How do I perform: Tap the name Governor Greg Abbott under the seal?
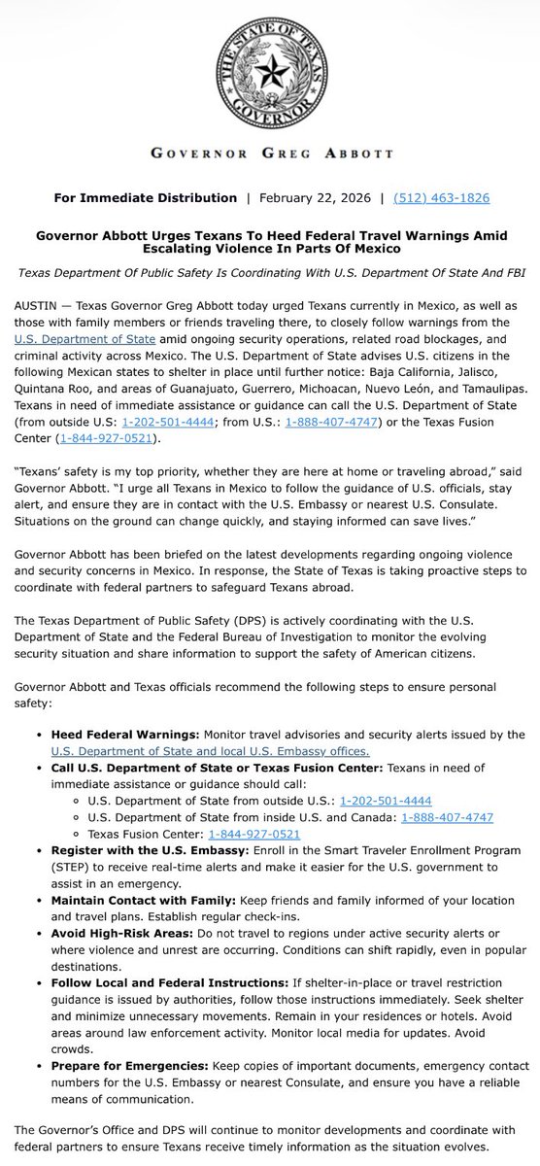(x=270, y=154)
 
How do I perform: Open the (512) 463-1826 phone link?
(x=441, y=197)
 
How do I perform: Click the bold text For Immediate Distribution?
(x=146, y=197)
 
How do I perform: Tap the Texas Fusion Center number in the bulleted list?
(x=254, y=833)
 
